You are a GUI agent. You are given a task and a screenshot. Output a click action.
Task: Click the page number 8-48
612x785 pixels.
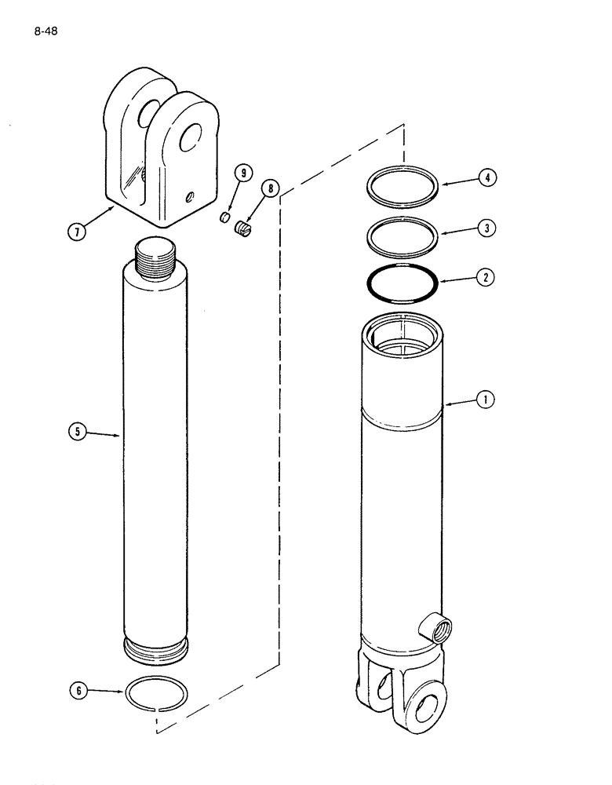click(46, 32)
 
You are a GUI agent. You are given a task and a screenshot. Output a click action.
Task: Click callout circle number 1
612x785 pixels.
click(486, 400)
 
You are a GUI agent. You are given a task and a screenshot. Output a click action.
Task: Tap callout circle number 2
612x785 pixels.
click(486, 277)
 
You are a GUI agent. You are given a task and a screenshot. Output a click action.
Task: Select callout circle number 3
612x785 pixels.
click(486, 228)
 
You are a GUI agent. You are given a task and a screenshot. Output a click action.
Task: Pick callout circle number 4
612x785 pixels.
click(486, 178)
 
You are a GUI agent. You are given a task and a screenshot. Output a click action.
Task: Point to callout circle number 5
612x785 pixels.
click(77, 431)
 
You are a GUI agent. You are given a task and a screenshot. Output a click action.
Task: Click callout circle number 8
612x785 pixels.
click(269, 188)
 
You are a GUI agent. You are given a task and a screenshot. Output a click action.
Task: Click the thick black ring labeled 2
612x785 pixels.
click(403, 283)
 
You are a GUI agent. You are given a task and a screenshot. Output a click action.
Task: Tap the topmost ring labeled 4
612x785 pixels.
click(403, 187)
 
